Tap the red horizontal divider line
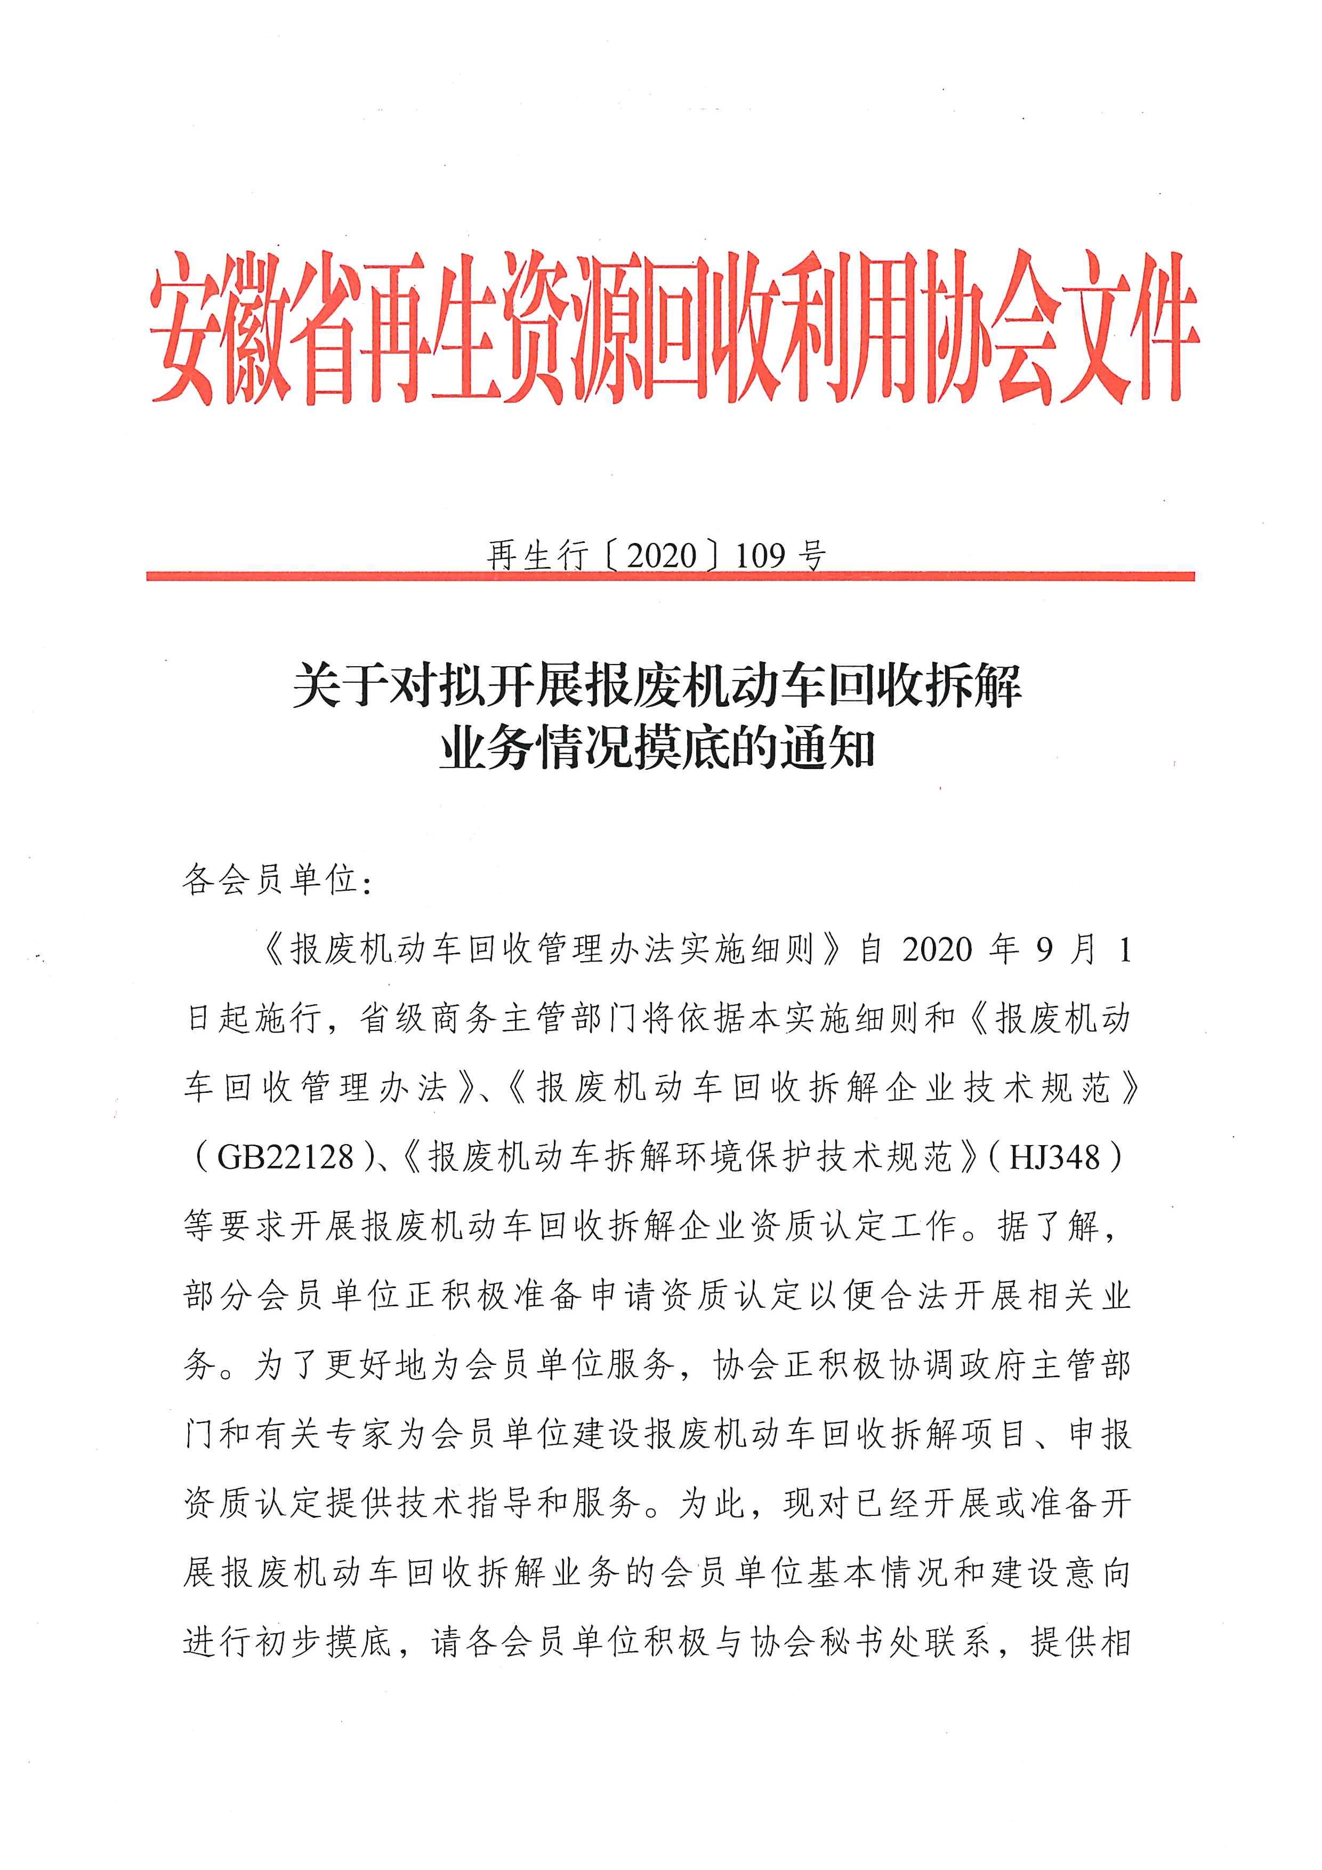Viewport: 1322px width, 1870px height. pos(670,577)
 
